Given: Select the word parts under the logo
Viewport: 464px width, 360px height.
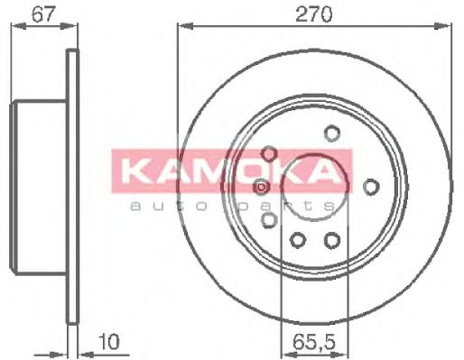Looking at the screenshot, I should tap(307, 207).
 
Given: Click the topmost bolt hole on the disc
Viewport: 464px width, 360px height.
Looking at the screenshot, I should tap(331, 134).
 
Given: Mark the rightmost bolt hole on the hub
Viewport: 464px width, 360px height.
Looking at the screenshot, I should tap(370, 186).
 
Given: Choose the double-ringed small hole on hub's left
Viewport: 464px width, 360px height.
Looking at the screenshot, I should tap(261, 187).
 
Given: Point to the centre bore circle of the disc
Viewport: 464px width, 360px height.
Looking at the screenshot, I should tap(315, 187).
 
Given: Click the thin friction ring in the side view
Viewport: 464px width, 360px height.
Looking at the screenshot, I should tap(73, 187).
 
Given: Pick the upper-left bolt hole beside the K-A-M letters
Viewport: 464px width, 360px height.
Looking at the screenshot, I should tap(268, 153).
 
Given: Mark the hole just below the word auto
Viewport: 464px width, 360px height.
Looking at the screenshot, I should tap(268, 219).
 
